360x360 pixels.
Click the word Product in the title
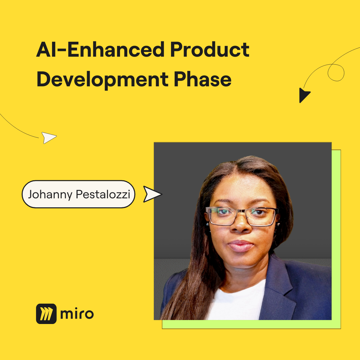[210, 49]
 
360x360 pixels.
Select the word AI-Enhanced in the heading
[100, 49]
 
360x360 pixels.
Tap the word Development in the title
[102, 79]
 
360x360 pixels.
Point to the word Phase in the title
[203, 79]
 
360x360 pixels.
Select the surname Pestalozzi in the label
[103, 194]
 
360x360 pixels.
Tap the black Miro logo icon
[46, 314]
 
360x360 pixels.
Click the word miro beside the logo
[77, 314]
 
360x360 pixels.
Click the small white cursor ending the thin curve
[48, 138]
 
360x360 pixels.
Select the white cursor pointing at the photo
[152, 194]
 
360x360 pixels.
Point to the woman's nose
[241, 225]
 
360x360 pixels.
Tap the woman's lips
[241, 246]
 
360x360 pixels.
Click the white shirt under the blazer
[236, 301]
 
